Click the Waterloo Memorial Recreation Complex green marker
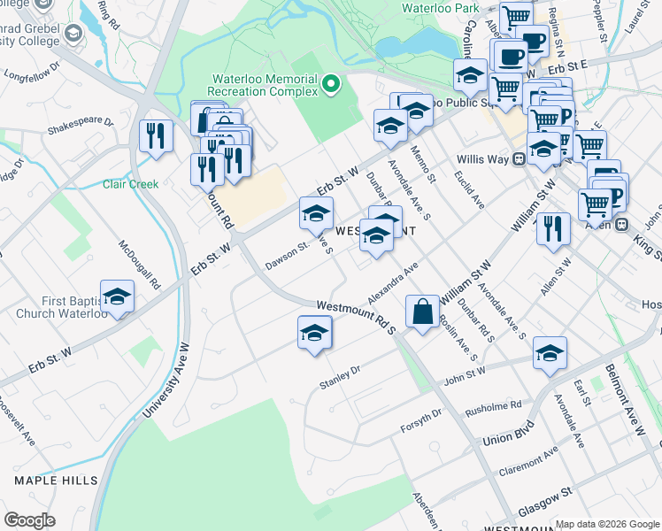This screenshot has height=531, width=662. tap(332, 84)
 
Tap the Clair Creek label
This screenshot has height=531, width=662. tap(130, 184)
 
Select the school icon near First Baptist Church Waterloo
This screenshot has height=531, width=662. tap(117, 298)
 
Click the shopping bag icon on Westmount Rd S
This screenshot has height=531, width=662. tap(422, 312)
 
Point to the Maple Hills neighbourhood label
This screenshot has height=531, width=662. tap(56, 480)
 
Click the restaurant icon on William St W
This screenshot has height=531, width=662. tap(550, 228)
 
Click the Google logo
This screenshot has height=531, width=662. tap(30, 519)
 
